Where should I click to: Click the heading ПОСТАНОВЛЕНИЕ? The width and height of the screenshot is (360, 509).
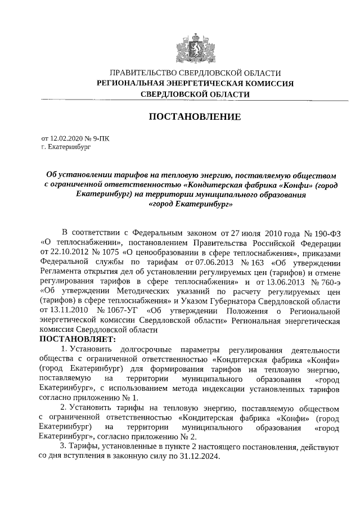[x=195, y=116]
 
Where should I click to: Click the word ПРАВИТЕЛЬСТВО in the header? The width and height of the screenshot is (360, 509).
[x=143, y=73]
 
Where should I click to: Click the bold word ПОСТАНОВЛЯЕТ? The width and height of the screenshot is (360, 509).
[x=77, y=339]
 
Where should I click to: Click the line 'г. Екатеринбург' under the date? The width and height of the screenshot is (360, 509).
[x=65, y=147]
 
